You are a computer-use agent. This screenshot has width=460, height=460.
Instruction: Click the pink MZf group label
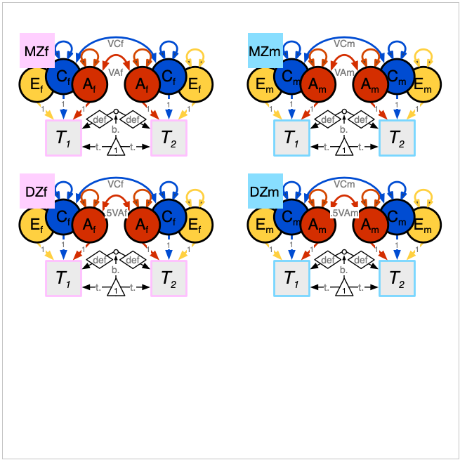[x=37, y=51]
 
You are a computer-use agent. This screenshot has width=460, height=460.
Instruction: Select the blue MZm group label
[x=265, y=51]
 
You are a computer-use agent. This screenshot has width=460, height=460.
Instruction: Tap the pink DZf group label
[x=37, y=191]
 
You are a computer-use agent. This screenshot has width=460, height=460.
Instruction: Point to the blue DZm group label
[x=265, y=191]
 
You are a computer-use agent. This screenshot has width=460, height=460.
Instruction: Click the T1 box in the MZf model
[x=64, y=138]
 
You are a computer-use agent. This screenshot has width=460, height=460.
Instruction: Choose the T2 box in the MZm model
[x=397, y=138]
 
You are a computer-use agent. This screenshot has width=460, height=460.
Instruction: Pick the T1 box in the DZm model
[x=291, y=278]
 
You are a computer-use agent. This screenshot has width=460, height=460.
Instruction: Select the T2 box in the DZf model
[x=169, y=278]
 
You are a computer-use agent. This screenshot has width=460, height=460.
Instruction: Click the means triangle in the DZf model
[x=116, y=288]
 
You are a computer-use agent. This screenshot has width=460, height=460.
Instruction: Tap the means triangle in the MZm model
[x=343, y=147]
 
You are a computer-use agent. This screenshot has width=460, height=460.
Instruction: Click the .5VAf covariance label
[x=116, y=212]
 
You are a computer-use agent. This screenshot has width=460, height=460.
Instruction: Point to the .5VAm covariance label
[x=344, y=212]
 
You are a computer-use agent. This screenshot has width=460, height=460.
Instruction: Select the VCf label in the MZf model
[x=116, y=44]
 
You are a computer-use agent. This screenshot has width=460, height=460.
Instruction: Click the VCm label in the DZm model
[x=344, y=184]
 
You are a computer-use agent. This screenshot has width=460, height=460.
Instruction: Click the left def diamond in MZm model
[x=327, y=119]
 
